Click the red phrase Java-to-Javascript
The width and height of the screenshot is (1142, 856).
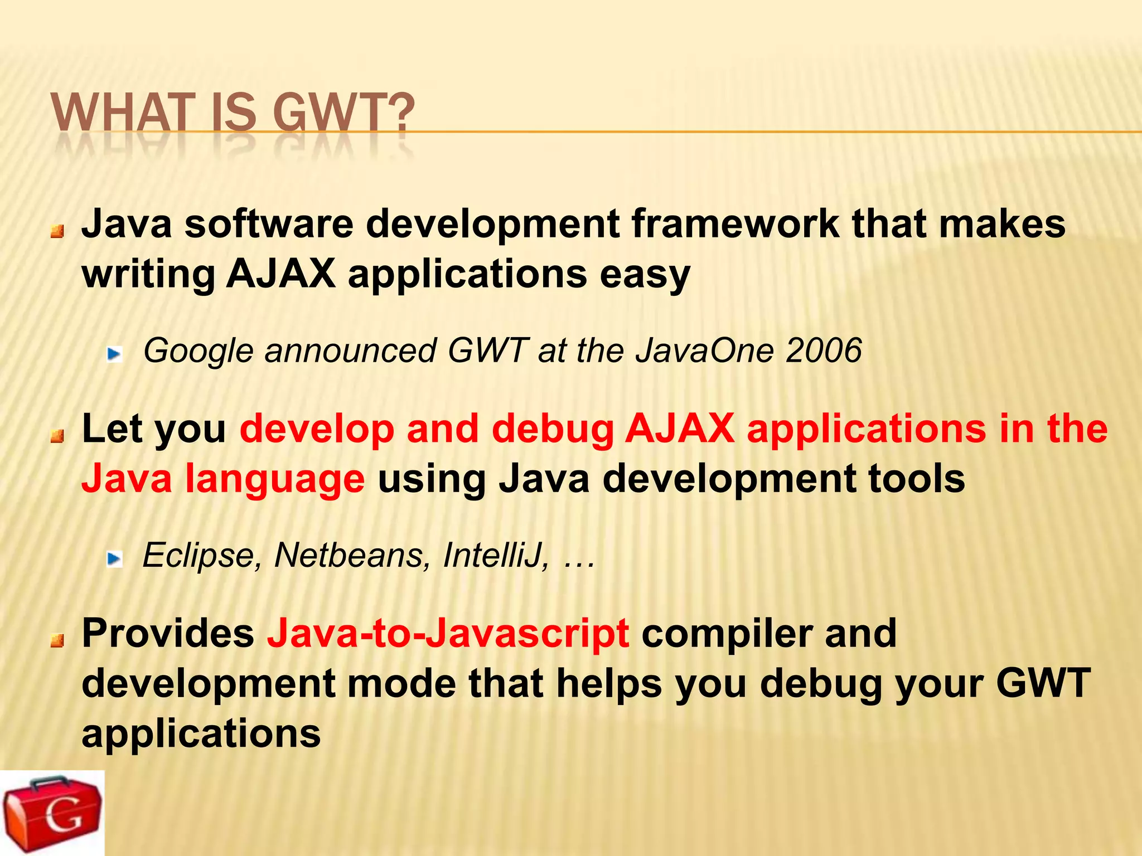[x=448, y=634]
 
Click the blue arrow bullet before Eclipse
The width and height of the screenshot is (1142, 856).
[x=115, y=558]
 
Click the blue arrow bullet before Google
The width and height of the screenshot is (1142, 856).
[x=115, y=353]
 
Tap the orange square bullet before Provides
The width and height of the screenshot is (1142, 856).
[x=57, y=641]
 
